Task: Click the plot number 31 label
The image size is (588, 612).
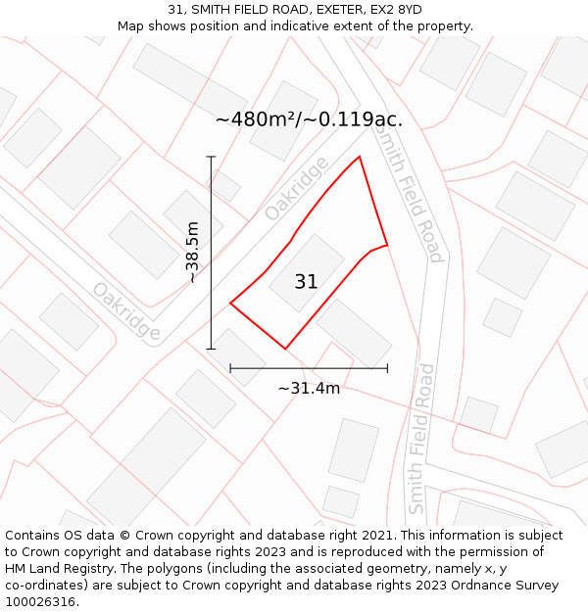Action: coord(306,282)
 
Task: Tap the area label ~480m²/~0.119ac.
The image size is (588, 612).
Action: coord(309,119)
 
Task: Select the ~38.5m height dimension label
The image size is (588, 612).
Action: coord(192,252)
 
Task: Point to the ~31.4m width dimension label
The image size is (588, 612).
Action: coord(309,388)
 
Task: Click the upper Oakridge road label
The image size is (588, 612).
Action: coord(296,189)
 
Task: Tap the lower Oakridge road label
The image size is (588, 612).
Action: coord(126,311)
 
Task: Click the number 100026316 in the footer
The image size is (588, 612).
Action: coord(38,602)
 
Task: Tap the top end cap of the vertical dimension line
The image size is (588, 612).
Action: coord(211,157)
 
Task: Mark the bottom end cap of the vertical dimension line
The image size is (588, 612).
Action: coord(211,349)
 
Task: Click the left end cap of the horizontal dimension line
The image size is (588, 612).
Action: coord(230,368)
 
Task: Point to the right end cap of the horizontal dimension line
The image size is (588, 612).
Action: coord(387,368)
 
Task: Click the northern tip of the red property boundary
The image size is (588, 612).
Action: coord(360,157)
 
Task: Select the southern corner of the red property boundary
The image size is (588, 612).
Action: coord(285,349)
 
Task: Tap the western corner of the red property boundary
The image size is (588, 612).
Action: coord(230,304)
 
